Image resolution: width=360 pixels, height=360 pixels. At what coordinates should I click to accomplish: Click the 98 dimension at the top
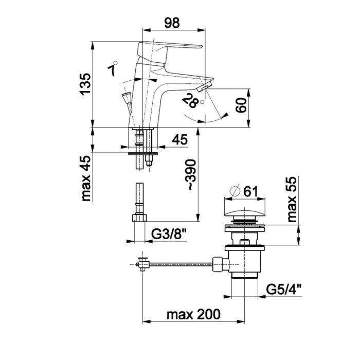coord(172,23)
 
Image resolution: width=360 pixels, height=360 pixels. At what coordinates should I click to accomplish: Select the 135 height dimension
coord(85,84)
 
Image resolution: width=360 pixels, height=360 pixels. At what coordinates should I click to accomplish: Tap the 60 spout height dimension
coord(241,105)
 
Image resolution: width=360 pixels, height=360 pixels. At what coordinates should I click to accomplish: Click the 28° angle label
coord(192,101)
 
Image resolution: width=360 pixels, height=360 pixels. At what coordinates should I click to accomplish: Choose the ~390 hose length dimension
coord(191,175)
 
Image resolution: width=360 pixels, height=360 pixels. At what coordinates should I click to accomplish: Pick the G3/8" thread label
coord(169,235)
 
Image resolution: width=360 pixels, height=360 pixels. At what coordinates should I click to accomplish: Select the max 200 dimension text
coord(193,314)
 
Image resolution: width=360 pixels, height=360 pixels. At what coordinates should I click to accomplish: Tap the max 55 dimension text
coord(292,200)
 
